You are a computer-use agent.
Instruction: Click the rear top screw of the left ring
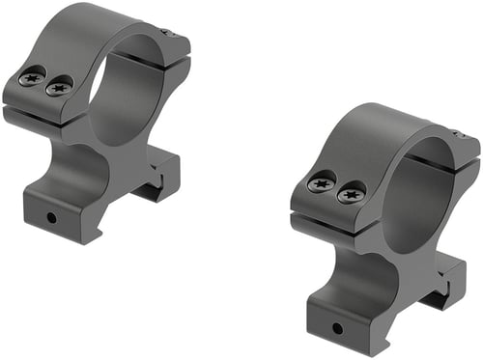pos(168,34)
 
